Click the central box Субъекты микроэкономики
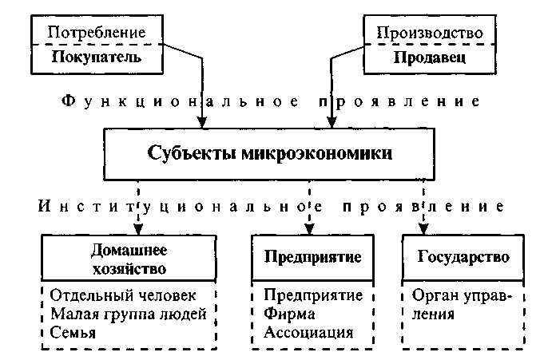point(270,152)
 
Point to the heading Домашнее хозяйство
point(129,258)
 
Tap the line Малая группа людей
point(128,314)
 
